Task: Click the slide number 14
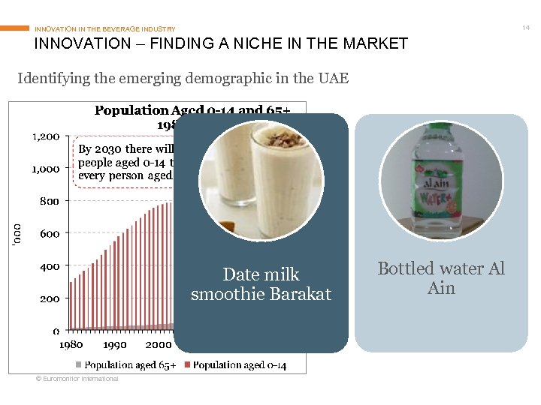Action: (x=526, y=27)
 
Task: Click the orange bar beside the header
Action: (x=15, y=28)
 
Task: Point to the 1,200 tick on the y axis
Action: (x=46, y=136)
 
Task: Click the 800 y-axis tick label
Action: (x=50, y=201)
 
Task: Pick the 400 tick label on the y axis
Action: (x=50, y=265)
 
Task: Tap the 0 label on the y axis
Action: (x=56, y=330)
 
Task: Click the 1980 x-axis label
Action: (x=71, y=345)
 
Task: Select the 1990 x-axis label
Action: (x=114, y=345)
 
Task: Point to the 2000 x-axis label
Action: (x=157, y=345)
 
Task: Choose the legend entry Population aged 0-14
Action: (x=239, y=365)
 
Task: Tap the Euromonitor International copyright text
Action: (x=77, y=379)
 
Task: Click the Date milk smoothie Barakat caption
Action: (x=261, y=284)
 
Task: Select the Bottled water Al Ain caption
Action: (x=441, y=277)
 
